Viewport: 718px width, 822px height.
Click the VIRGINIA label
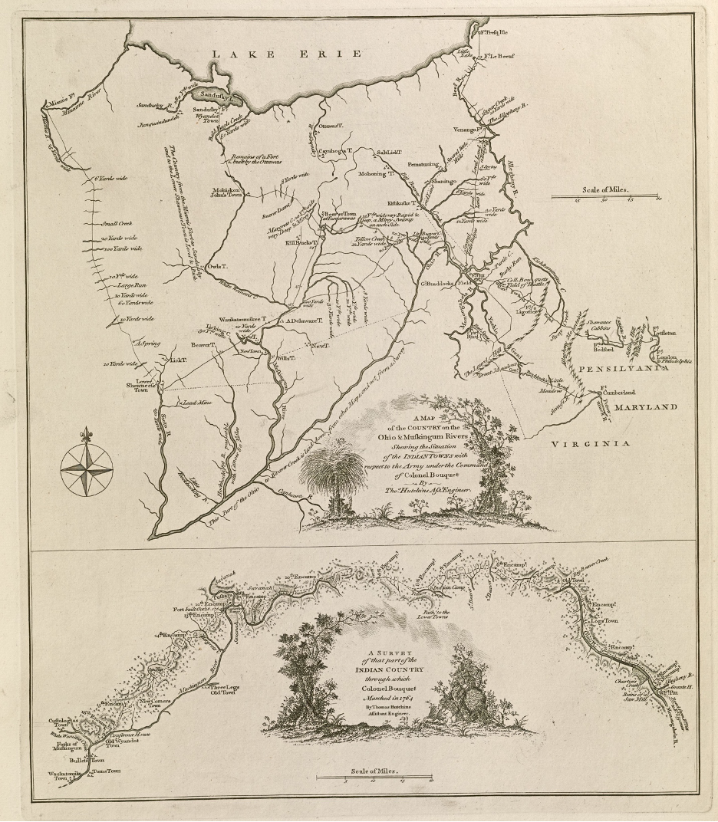pos(591,443)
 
